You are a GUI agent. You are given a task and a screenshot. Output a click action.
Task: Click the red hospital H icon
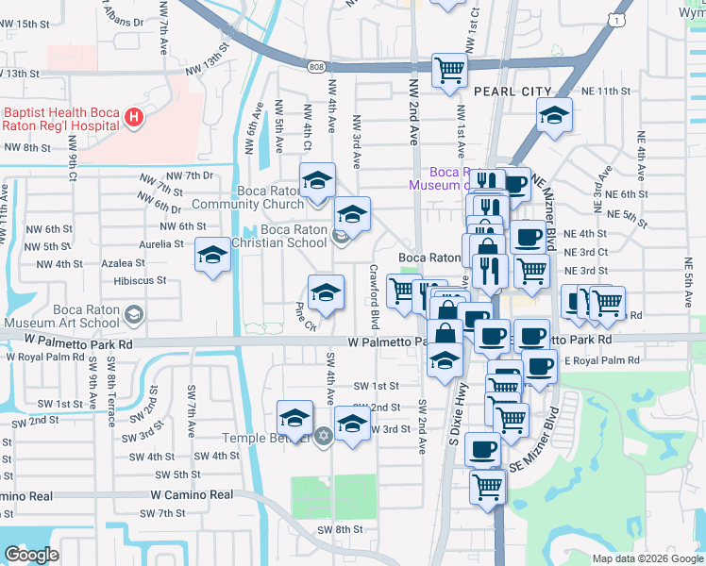point(134,118)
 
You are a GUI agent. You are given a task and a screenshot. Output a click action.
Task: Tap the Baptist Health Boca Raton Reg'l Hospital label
point(60,119)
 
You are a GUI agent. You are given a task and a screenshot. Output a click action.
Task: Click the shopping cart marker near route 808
point(450,70)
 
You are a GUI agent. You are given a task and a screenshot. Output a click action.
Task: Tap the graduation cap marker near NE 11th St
point(554,116)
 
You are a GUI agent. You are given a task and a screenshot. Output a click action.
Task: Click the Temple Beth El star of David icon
point(323,436)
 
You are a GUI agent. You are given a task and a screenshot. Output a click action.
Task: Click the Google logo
point(31,555)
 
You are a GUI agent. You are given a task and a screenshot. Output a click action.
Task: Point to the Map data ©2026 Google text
point(647,558)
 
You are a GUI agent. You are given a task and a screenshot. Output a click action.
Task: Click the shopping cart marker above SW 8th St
point(488,487)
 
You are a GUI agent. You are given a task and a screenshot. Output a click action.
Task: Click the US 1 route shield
point(615,19)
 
